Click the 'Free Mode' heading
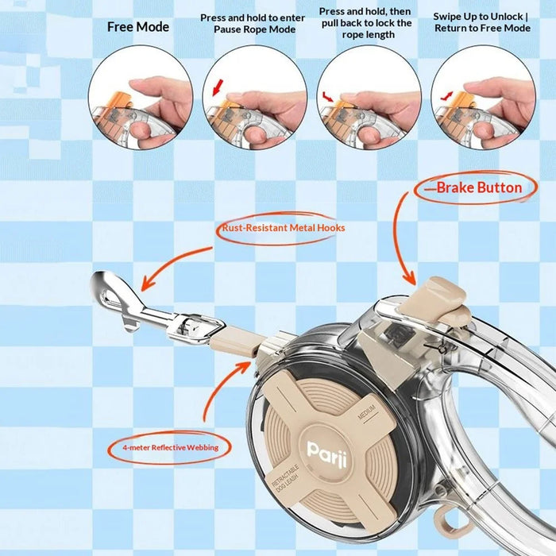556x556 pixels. tap(138, 27)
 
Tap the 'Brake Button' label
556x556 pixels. tap(479, 187)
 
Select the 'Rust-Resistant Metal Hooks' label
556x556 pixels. tap(284, 228)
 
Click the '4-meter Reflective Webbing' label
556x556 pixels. tap(171, 447)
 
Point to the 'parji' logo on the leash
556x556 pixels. tap(327, 455)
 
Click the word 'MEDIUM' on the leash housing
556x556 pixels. tap(367, 411)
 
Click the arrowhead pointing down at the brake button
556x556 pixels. tap(411, 278)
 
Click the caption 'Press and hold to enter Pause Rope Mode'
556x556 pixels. tap(253, 23)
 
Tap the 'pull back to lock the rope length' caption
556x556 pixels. tap(367, 29)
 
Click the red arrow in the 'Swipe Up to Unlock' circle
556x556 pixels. tap(446, 95)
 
